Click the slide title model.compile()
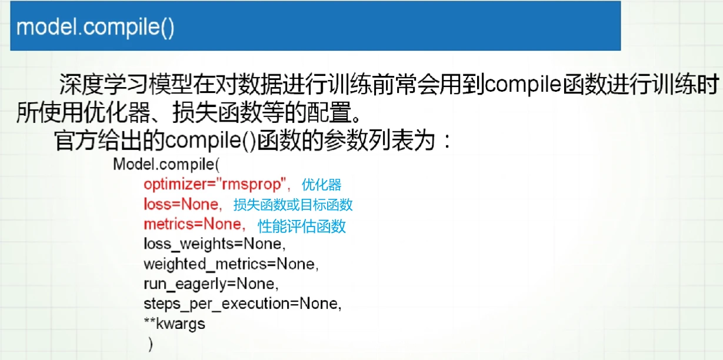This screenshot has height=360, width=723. (95, 27)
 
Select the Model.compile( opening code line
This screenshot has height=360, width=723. (166, 164)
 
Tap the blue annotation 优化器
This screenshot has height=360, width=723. (321, 185)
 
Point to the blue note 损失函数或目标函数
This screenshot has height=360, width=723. (293, 205)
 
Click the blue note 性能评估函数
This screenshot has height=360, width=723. (302, 226)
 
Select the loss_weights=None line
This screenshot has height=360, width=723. (215, 244)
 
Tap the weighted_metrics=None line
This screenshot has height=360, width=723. (231, 264)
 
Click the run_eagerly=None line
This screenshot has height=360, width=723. (211, 284)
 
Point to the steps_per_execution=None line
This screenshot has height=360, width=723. (243, 304)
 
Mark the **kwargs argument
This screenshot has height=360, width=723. (174, 324)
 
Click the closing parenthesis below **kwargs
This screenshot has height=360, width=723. (151, 344)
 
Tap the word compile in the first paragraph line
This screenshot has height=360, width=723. (523, 85)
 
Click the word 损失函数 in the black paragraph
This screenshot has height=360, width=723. (217, 112)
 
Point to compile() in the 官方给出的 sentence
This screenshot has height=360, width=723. (211, 141)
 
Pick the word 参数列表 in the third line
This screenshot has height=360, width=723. (368, 141)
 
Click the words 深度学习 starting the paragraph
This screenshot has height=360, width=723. (104, 85)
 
